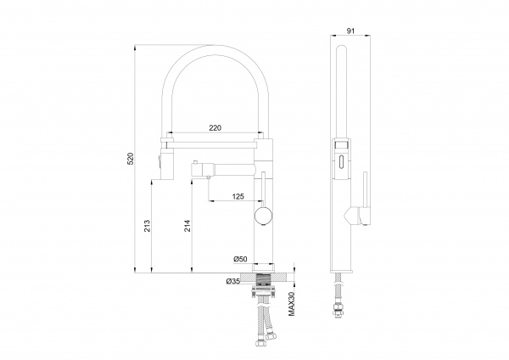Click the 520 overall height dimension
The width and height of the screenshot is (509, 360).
coord(130,158)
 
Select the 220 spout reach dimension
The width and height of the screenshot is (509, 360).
coord(215,127)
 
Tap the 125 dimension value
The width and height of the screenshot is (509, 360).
coord(238,196)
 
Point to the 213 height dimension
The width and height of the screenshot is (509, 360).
coord(147,226)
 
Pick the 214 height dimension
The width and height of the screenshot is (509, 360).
coord(187,226)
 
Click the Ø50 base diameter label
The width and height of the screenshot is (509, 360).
coord(240,259)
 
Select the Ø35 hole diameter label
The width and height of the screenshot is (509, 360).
coord(233,281)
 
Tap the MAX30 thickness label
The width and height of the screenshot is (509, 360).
coord(292,304)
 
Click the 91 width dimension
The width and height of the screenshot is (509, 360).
coord(350,31)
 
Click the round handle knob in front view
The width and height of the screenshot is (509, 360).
coord(263,216)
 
